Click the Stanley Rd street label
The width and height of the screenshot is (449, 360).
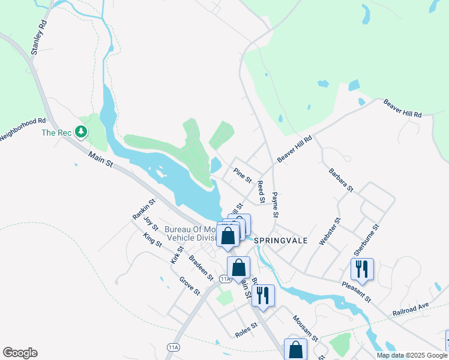click(x=38, y=39)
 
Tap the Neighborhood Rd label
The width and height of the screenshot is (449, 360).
click(x=23, y=129)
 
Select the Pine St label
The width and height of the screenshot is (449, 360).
click(x=243, y=176)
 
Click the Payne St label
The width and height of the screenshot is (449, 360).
click(x=275, y=205)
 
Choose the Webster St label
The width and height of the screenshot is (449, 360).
click(x=330, y=230)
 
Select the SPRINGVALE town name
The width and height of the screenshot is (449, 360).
click(x=281, y=240)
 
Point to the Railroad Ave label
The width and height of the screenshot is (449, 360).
click(x=411, y=310)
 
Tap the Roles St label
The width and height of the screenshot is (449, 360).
click(x=246, y=330)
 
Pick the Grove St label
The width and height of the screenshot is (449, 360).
click(x=190, y=286)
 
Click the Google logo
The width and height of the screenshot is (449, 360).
click(x=20, y=353)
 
